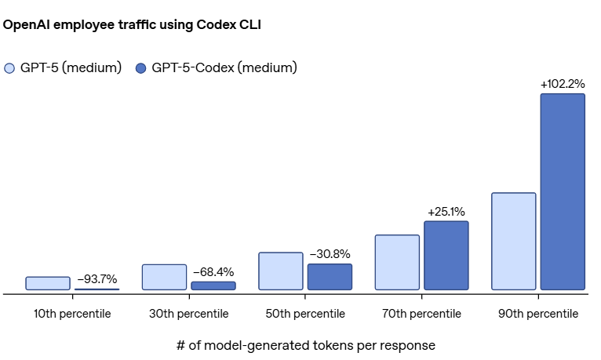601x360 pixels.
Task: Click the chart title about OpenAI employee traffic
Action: (x=132, y=25)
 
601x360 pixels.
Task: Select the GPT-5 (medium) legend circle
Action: (x=9, y=68)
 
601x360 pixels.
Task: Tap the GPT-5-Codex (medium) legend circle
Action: (x=141, y=68)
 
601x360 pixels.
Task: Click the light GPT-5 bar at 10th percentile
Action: (x=48, y=283)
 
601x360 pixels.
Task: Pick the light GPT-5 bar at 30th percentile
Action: (x=164, y=277)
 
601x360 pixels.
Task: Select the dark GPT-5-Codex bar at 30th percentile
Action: (x=213, y=285)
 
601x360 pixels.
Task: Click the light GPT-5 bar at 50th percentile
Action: (x=280, y=271)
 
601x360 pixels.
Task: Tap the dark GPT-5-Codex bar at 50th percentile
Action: (x=330, y=277)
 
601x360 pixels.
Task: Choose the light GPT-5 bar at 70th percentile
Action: (x=397, y=263)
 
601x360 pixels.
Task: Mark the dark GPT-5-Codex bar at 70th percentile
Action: (x=446, y=256)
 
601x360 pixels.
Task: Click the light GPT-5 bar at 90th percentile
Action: (x=513, y=242)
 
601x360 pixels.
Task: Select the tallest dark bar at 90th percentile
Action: (x=563, y=192)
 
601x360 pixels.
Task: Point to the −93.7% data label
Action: (x=97, y=278)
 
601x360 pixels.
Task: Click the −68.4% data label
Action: (x=213, y=271)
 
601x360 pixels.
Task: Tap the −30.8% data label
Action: (x=330, y=254)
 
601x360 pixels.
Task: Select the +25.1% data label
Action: (x=446, y=212)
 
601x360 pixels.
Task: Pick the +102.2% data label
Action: (x=563, y=84)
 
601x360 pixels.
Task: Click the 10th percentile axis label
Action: (x=72, y=314)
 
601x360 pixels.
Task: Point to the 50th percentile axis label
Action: (x=304, y=314)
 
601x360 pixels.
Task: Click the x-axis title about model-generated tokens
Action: (x=305, y=345)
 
